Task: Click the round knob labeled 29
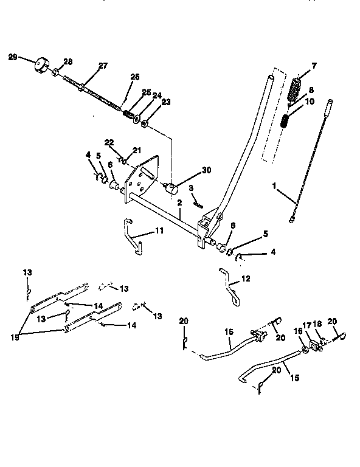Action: [41, 64]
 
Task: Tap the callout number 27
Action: [103, 66]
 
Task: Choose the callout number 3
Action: [190, 188]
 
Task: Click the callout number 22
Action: [109, 142]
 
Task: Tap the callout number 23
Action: [166, 103]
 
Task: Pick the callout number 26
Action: [135, 77]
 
